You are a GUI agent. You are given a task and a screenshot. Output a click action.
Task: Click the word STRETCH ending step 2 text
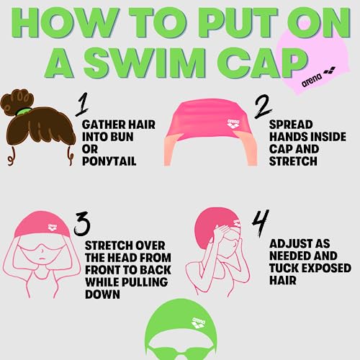(293, 162)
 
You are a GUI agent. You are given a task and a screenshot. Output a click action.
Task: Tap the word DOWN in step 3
(102, 294)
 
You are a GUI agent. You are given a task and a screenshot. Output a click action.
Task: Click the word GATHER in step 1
(104, 124)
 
